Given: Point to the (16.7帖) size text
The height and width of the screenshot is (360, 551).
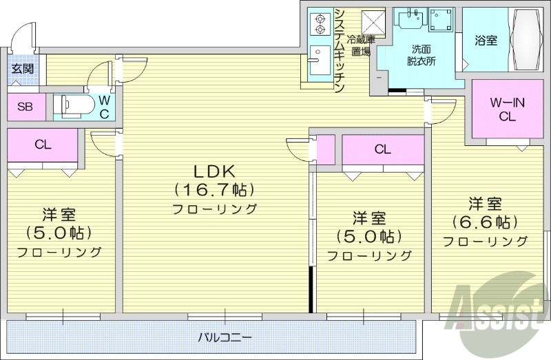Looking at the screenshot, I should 214,189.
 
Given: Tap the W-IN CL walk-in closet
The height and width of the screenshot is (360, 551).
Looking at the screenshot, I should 508,110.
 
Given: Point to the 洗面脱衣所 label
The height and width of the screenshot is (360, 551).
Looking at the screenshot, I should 421,54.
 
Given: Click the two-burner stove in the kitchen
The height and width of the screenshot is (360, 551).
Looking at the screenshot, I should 320,24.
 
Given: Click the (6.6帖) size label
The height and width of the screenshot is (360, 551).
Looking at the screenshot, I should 485,222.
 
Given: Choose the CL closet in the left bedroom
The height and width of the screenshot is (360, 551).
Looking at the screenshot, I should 43,145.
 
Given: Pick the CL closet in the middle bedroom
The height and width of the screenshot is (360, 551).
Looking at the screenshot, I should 383,149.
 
